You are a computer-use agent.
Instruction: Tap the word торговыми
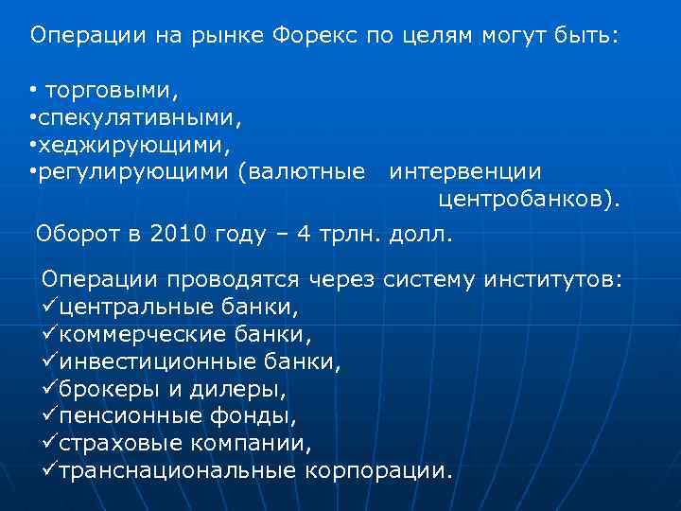click(112, 92)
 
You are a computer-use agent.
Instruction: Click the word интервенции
click(465, 171)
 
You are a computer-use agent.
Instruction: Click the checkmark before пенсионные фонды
click(49, 415)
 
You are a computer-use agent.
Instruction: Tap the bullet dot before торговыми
click(32, 92)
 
